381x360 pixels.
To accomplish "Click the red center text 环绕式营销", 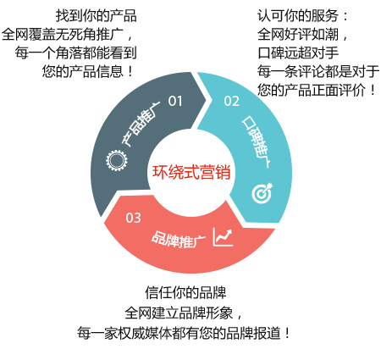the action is point(191,172).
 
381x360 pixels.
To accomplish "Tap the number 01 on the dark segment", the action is point(175,101).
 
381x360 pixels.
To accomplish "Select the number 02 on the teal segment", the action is point(231,101).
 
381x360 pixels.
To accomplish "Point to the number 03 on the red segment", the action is point(133,218).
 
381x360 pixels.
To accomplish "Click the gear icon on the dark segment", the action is point(116,160).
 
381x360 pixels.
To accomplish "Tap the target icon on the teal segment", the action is point(262,193).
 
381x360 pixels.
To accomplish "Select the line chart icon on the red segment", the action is point(223,236).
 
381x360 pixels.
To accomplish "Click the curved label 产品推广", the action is point(141,123).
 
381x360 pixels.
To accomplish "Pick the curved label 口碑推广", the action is point(256,141).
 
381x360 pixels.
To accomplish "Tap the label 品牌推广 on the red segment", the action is point(179,240).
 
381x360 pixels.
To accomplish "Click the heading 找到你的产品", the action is point(96,15).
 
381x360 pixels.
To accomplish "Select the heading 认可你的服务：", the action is point(303,15).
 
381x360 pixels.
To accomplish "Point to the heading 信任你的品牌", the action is point(185,292).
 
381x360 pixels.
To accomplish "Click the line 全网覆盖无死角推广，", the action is point(67,34).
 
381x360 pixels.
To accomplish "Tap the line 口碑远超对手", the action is point(298,53).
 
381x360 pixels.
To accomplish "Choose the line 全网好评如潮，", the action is point(303,34).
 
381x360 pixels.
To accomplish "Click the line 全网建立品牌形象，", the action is point(184,313).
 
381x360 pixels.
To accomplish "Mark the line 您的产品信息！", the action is point(88,71).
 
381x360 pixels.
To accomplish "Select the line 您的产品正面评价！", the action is point(317,90).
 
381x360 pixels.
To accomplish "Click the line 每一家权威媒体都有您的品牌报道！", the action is point(184,334).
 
